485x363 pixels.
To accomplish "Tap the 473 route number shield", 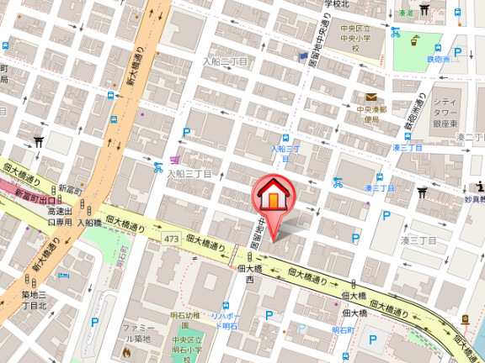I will pyautogui.click(x=172, y=240).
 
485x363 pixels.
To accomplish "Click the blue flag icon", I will pyautogui.click(x=303, y=56).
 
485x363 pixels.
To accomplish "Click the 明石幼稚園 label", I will pyautogui.click(x=184, y=315).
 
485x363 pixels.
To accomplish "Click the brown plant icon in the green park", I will pyautogui.click(x=416, y=39).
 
